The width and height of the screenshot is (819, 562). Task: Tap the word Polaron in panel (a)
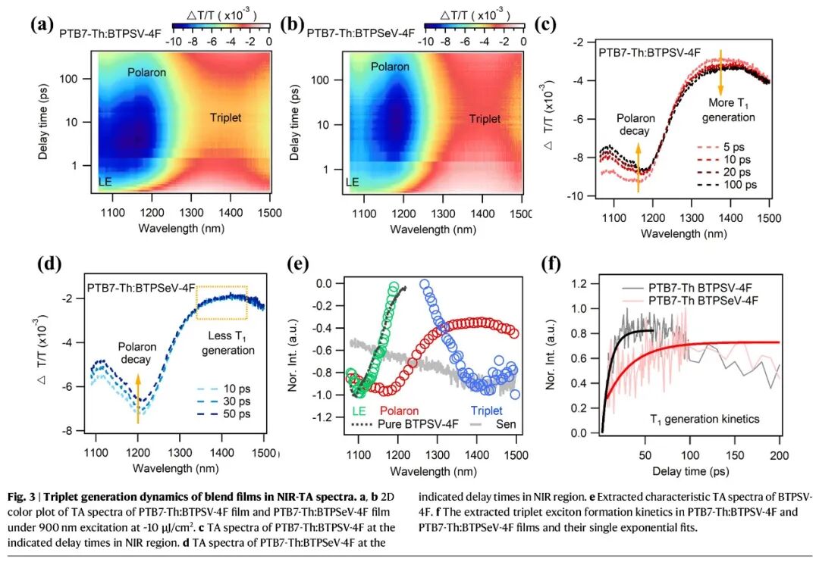[x=146, y=72]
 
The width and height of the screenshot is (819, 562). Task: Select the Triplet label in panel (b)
[x=485, y=119]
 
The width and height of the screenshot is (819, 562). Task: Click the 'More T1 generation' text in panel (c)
[x=731, y=110]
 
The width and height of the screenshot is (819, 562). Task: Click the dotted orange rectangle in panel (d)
[x=221, y=303]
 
